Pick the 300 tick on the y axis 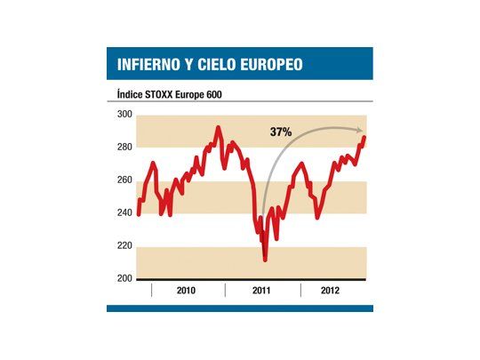pos(124,115)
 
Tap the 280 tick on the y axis pos(124,148)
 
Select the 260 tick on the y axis pos(124,180)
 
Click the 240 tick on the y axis pos(124,213)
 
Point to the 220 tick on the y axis pos(124,246)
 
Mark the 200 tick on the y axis pos(124,279)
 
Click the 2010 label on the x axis pos(188,291)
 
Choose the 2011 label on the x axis pos(261,291)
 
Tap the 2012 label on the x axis pos(331,291)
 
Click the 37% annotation pos(282,132)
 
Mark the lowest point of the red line pos(265,260)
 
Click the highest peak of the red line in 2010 pos(219,127)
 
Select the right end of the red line pos(364,137)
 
